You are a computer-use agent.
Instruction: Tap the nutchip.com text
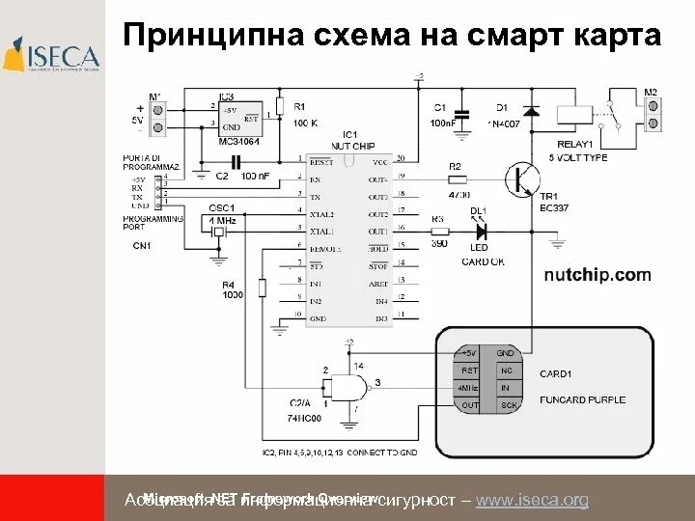[597, 275]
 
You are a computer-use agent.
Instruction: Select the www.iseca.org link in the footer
[532, 500]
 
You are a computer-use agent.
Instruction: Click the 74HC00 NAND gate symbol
[346, 388]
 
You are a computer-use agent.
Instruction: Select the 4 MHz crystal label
[222, 220]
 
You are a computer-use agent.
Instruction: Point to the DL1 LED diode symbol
[477, 231]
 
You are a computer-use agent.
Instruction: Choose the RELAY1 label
[575, 144]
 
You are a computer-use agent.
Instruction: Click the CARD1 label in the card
[556, 373]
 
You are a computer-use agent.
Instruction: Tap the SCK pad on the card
[508, 405]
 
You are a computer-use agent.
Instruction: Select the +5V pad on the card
[469, 354]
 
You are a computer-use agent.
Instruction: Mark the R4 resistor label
[228, 284]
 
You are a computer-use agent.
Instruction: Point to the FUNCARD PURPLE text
[582, 399]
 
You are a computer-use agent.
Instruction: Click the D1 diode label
[502, 107]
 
